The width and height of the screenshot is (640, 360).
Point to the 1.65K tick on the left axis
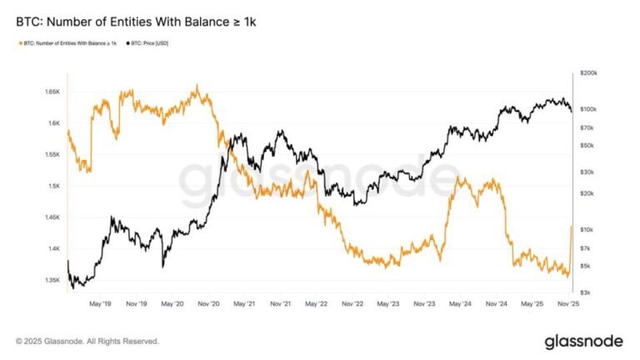pos(51,91)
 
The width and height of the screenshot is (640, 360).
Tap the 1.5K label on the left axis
pos(53,186)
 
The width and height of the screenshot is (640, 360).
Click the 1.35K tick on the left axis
pos(51,280)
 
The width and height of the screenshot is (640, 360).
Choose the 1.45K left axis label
pos(51,217)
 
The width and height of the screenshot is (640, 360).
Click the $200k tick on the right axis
pos(588,73)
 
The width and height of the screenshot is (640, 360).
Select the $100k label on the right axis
pos(588,109)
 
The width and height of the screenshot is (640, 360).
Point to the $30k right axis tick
pos(587,172)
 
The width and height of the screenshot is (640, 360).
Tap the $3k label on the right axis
pos(585,292)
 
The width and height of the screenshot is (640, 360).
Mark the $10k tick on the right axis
pos(587,229)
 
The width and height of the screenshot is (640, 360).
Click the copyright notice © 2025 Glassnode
pos(87,341)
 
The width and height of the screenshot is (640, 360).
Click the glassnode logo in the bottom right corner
pos(584,341)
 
